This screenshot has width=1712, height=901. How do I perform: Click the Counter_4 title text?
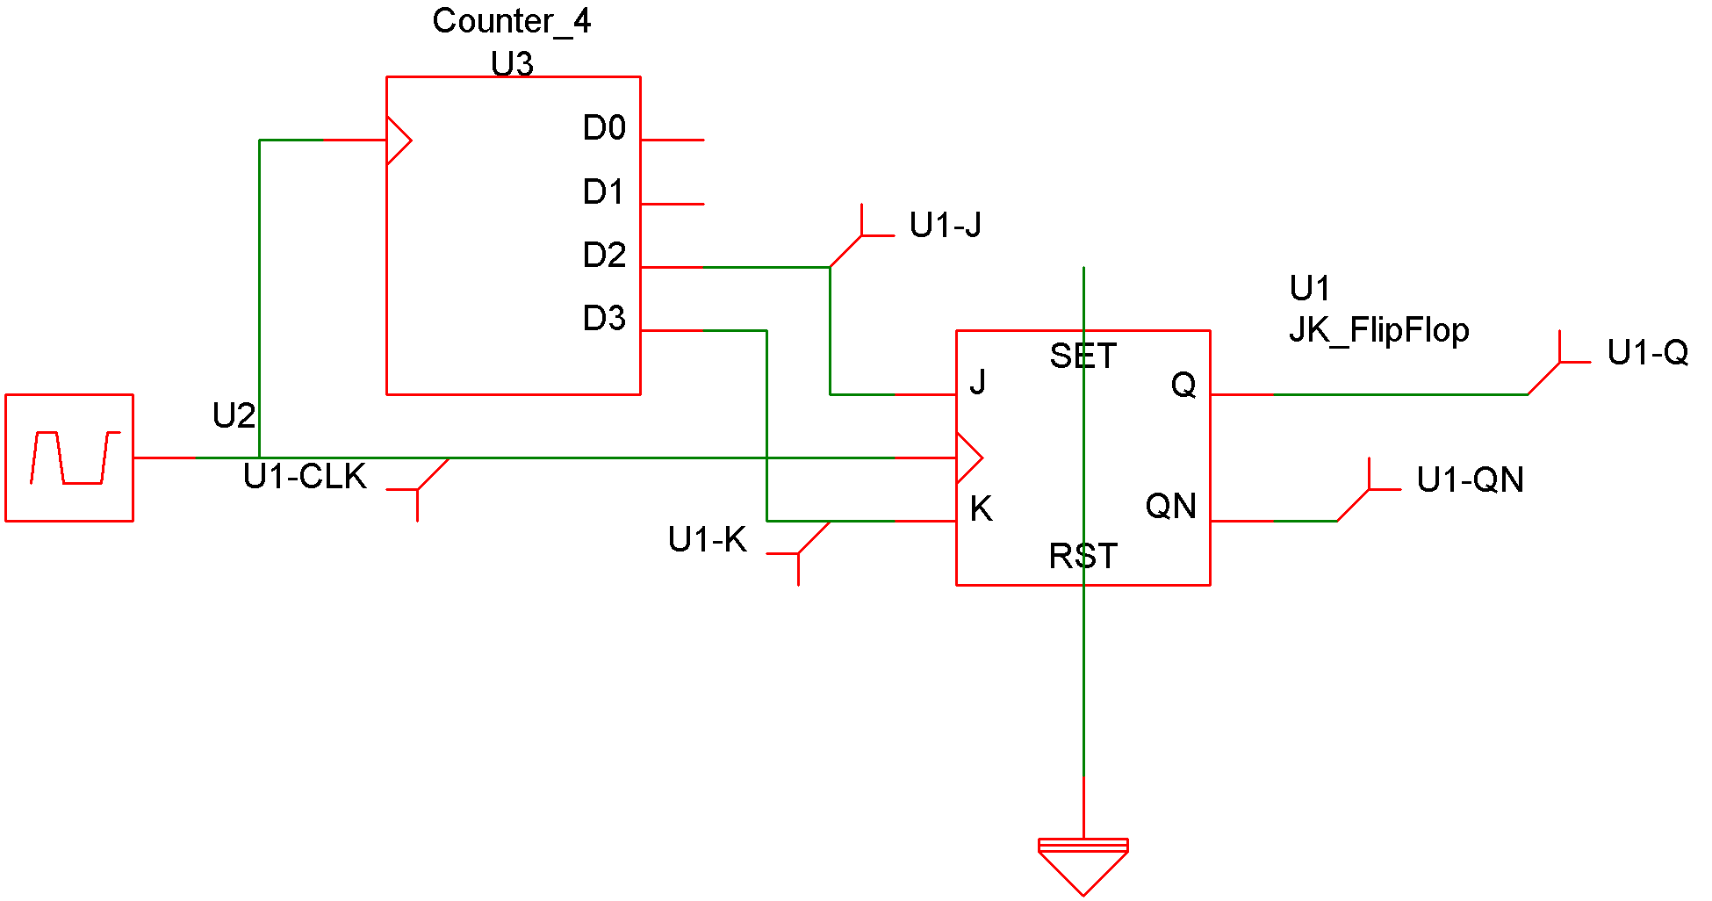pyautogui.click(x=511, y=21)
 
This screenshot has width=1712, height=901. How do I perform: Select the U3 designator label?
pyautogui.click(x=512, y=63)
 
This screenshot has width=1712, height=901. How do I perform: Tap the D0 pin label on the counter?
pyautogui.click(x=604, y=128)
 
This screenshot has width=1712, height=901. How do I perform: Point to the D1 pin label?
pyautogui.click(x=603, y=191)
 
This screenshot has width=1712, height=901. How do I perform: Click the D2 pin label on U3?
pyautogui.click(x=604, y=255)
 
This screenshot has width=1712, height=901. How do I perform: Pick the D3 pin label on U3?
pyautogui.click(x=604, y=318)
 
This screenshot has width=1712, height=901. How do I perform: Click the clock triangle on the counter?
pyautogui.click(x=399, y=140)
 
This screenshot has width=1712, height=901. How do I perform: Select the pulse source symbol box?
pyautogui.click(x=69, y=458)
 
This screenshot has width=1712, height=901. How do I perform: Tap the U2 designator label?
pyautogui.click(x=234, y=415)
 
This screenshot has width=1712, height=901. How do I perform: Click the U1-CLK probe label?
pyautogui.click(x=305, y=477)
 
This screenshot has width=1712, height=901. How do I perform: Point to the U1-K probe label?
pyautogui.click(x=707, y=540)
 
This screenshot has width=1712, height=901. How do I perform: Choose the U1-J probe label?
pyautogui.click(x=945, y=226)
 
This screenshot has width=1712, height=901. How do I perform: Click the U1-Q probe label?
pyautogui.click(x=1647, y=353)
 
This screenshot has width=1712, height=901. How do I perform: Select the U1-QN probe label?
pyautogui.click(x=1470, y=480)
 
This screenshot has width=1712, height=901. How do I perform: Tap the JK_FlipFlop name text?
pyautogui.click(x=1378, y=330)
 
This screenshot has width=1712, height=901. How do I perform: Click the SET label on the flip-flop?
pyautogui.click(x=1083, y=357)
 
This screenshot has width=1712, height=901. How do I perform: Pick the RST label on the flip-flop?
pyautogui.click(x=1083, y=557)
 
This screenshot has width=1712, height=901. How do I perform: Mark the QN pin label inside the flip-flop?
pyautogui.click(x=1170, y=507)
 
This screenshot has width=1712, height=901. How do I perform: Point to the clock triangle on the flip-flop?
pyautogui.click(x=968, y=458)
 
